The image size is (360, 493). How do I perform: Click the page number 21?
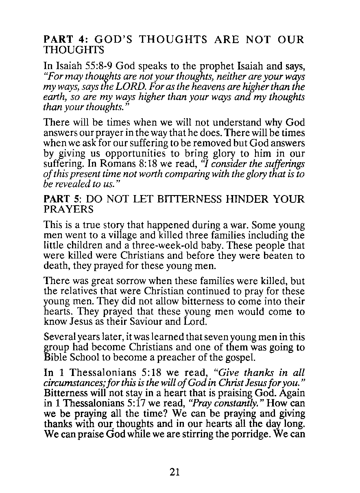pos(175,472)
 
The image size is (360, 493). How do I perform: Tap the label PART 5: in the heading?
pos(62,200)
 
